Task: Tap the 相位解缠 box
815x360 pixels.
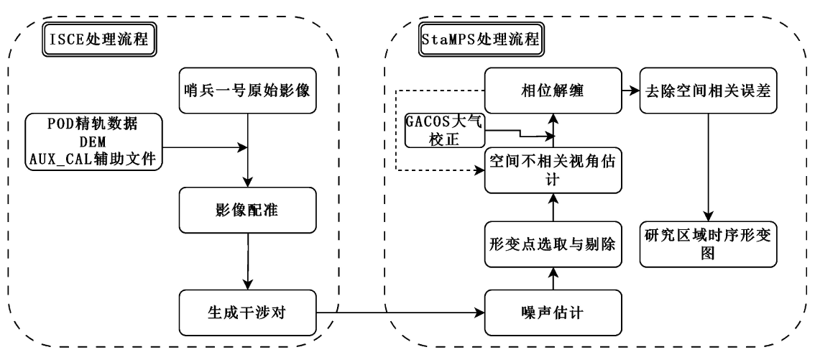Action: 552,91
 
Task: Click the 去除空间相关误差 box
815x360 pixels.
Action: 709,91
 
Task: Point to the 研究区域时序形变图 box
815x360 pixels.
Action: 709,245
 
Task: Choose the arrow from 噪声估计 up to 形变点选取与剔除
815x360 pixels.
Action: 552,279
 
